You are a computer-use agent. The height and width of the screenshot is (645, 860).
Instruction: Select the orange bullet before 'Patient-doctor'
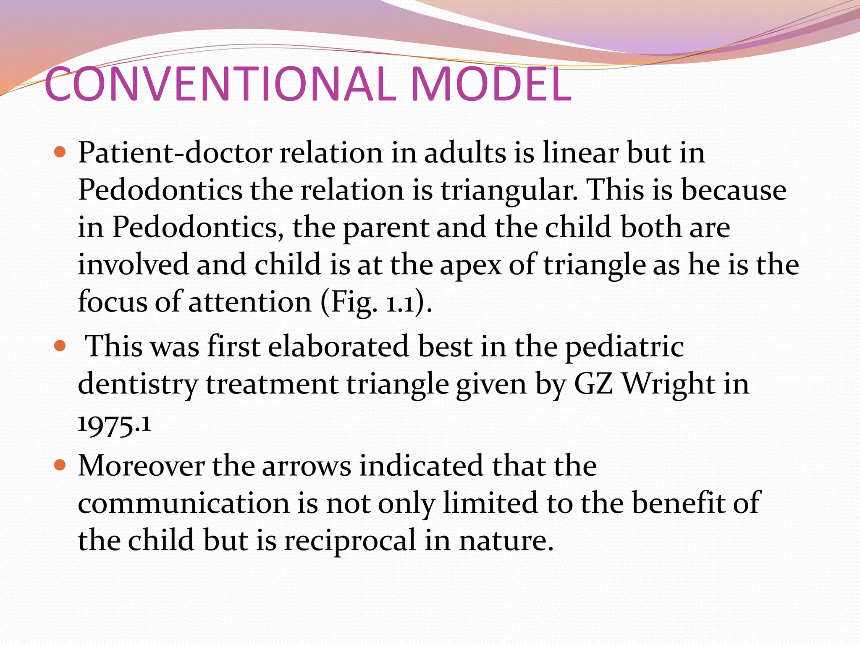pos(60,152)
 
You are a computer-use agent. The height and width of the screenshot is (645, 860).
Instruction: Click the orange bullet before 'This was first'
pos(60,346)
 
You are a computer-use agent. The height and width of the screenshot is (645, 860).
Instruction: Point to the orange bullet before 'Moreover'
pos(60,465)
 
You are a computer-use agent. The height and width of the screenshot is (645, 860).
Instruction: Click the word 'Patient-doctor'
pos(175,153)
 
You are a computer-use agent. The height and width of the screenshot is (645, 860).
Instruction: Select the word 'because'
pos(733,190)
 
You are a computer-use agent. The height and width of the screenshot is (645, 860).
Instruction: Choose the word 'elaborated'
pos(338,347)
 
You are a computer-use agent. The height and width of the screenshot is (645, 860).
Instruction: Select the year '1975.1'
pos(114,424)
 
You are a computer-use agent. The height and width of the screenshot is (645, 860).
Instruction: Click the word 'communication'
pos(184,503)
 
